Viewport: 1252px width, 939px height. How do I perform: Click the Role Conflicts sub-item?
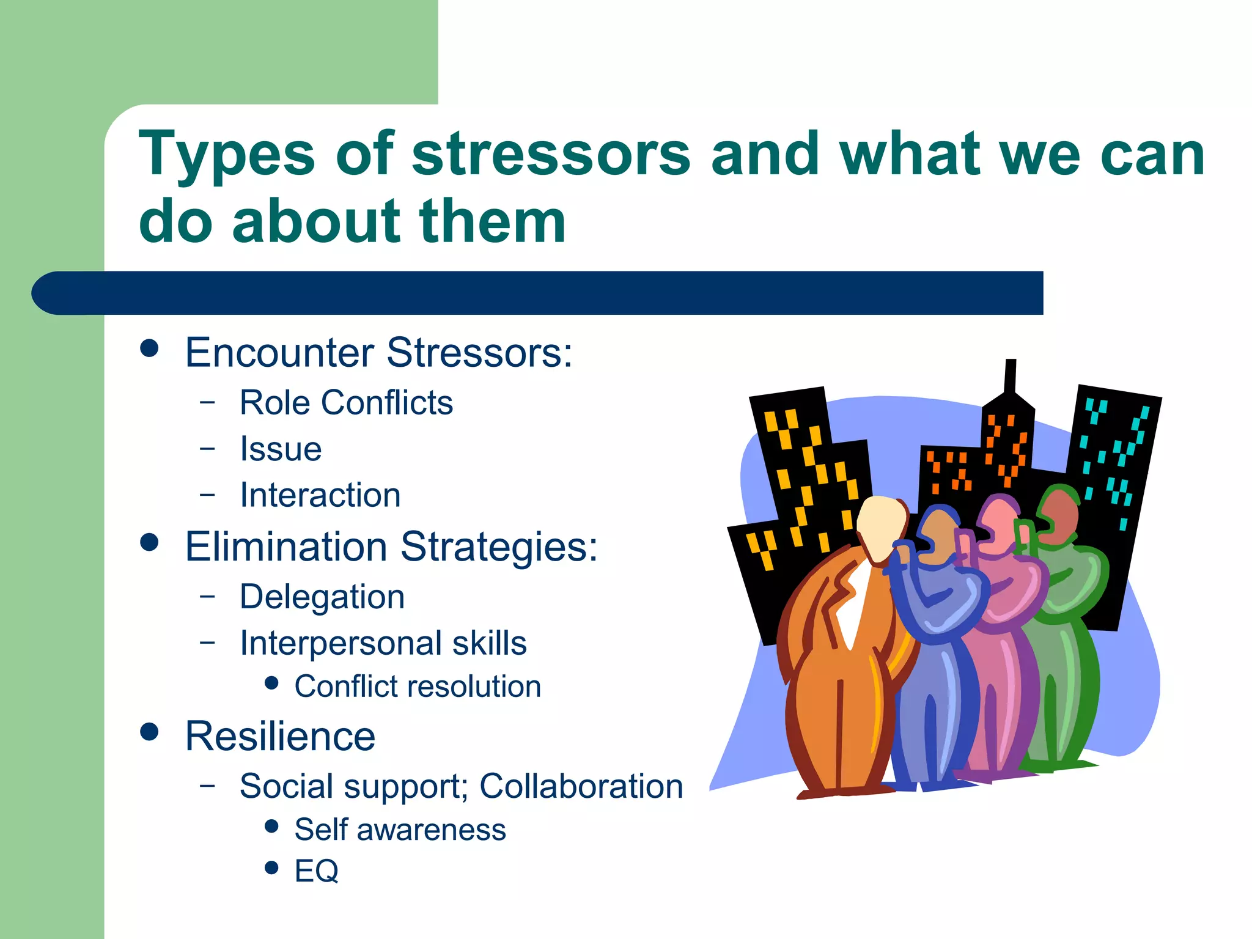tap(346, 403)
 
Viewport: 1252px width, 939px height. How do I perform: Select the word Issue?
tap(281, 449)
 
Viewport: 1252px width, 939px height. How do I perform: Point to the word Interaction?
tap(320, 495)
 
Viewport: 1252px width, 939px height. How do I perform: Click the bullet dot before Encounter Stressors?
tap(149, 348)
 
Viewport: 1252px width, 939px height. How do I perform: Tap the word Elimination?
tap(286, 546)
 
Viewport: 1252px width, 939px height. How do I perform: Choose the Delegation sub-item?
tap(322, 597)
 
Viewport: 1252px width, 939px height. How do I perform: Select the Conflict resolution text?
tap(418, 687)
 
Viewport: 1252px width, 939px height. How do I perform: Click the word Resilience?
tap(280, 736)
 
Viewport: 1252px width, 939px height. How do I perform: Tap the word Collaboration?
tap(581, 786)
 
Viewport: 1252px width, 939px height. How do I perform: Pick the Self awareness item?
tap(400, 830)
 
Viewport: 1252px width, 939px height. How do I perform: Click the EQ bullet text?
tap(316, 871)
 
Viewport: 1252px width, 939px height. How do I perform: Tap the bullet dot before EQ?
tap(272, 867)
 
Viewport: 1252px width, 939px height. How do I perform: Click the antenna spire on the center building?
tap(1010, 376)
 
